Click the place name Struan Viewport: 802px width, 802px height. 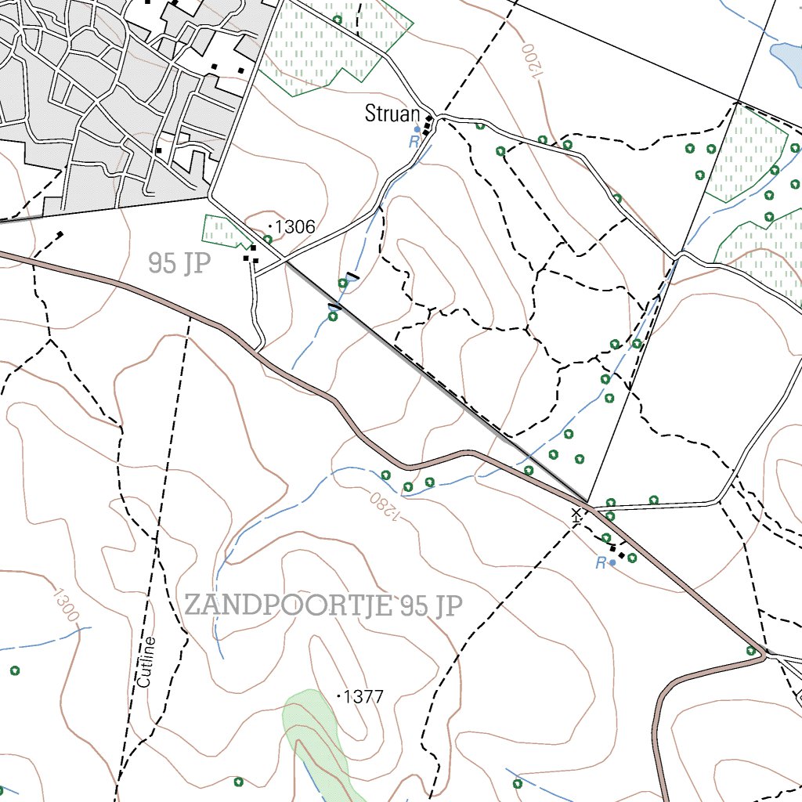pyautogui.click(x=392, y=114)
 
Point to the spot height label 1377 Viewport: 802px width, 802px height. pyautogui.click(x=364, y=695)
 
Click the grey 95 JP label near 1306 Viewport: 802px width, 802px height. pyautogui.click(x=179, y=264)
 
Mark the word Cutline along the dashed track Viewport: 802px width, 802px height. pyautogui.click(x=146, y=663)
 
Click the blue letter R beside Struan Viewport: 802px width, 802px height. pyautogui.click(x=413, y=142)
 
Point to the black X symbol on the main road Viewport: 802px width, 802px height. pyautogui.click(x=577, y=514)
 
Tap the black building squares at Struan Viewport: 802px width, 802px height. pyautogui.click(x=428, y=125)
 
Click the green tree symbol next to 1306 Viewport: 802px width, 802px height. pyautogui.click(x=268, y=240)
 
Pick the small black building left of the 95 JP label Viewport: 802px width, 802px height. pyautogui.click(x=60, y=233)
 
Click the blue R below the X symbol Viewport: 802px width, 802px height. pyautogui.click(x=601, y=563)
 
